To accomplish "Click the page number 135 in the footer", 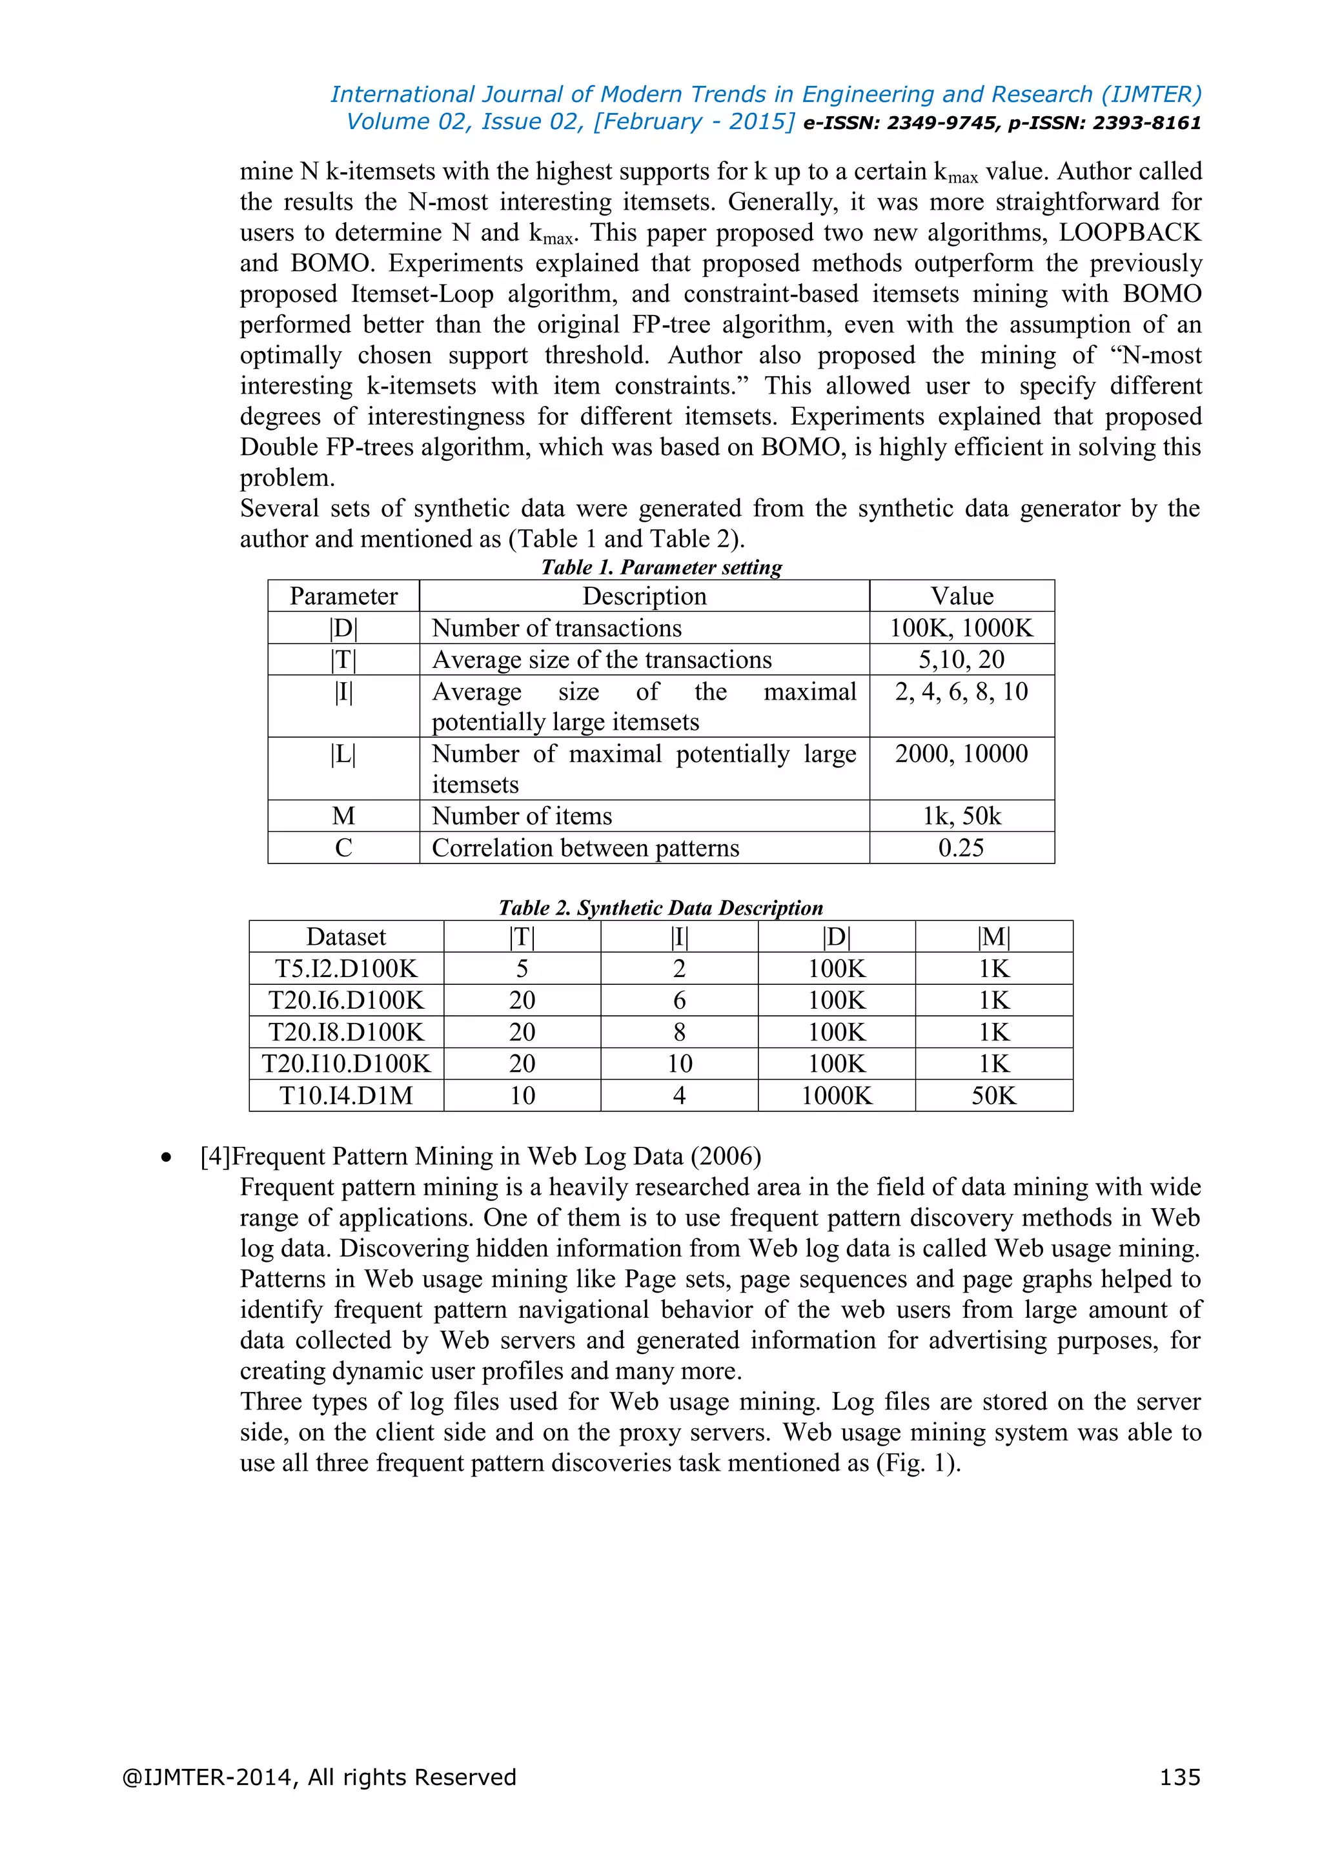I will [1179, 1776].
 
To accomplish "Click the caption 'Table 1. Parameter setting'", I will [661, 567].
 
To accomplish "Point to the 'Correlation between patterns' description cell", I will [585, 847].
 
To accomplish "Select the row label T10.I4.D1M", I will [346, 1096].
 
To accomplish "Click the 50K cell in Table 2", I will [993, 1096].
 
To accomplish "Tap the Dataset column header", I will [346, 937].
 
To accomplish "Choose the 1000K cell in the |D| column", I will [836, 1096].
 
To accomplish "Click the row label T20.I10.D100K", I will [346, 1064].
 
